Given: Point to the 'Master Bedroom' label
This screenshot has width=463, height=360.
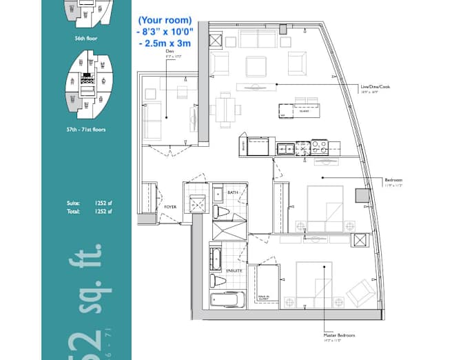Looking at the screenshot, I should click(338, 335).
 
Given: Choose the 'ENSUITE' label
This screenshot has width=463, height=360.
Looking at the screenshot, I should click(234, 271).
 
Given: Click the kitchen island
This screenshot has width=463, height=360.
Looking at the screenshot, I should click(299, 110).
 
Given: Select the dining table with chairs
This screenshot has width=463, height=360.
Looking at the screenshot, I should click(225, 109).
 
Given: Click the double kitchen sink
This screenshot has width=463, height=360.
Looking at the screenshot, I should click(285, 147).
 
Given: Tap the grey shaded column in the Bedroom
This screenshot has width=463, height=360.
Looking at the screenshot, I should click(363, 194).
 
